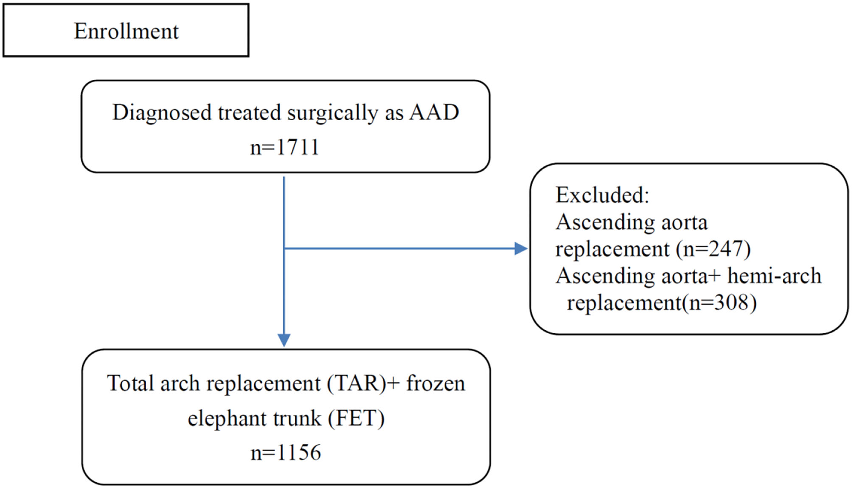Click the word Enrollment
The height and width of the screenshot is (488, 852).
tap(126, 32)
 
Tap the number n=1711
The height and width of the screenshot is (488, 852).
tap(285, 148)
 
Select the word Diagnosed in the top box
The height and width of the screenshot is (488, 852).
tap(162, 113)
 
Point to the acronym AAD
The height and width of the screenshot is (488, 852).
tap(434, 113)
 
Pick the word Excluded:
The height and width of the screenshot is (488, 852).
tap(602, 195)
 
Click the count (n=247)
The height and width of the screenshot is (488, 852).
tap(713, 249)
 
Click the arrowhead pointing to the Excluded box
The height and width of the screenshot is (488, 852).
tap(521, 249)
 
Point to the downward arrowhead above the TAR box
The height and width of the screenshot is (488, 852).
tap(284, 340)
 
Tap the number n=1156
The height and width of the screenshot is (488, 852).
tap(286, 453)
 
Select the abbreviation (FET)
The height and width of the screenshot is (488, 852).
tap(356, 418)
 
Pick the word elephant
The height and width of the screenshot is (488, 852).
tap(227, 419)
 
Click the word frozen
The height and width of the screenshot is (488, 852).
tap(436, 384)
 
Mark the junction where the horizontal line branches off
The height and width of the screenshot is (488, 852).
tap(284, 249)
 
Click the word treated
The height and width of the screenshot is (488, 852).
tap(249, 113)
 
